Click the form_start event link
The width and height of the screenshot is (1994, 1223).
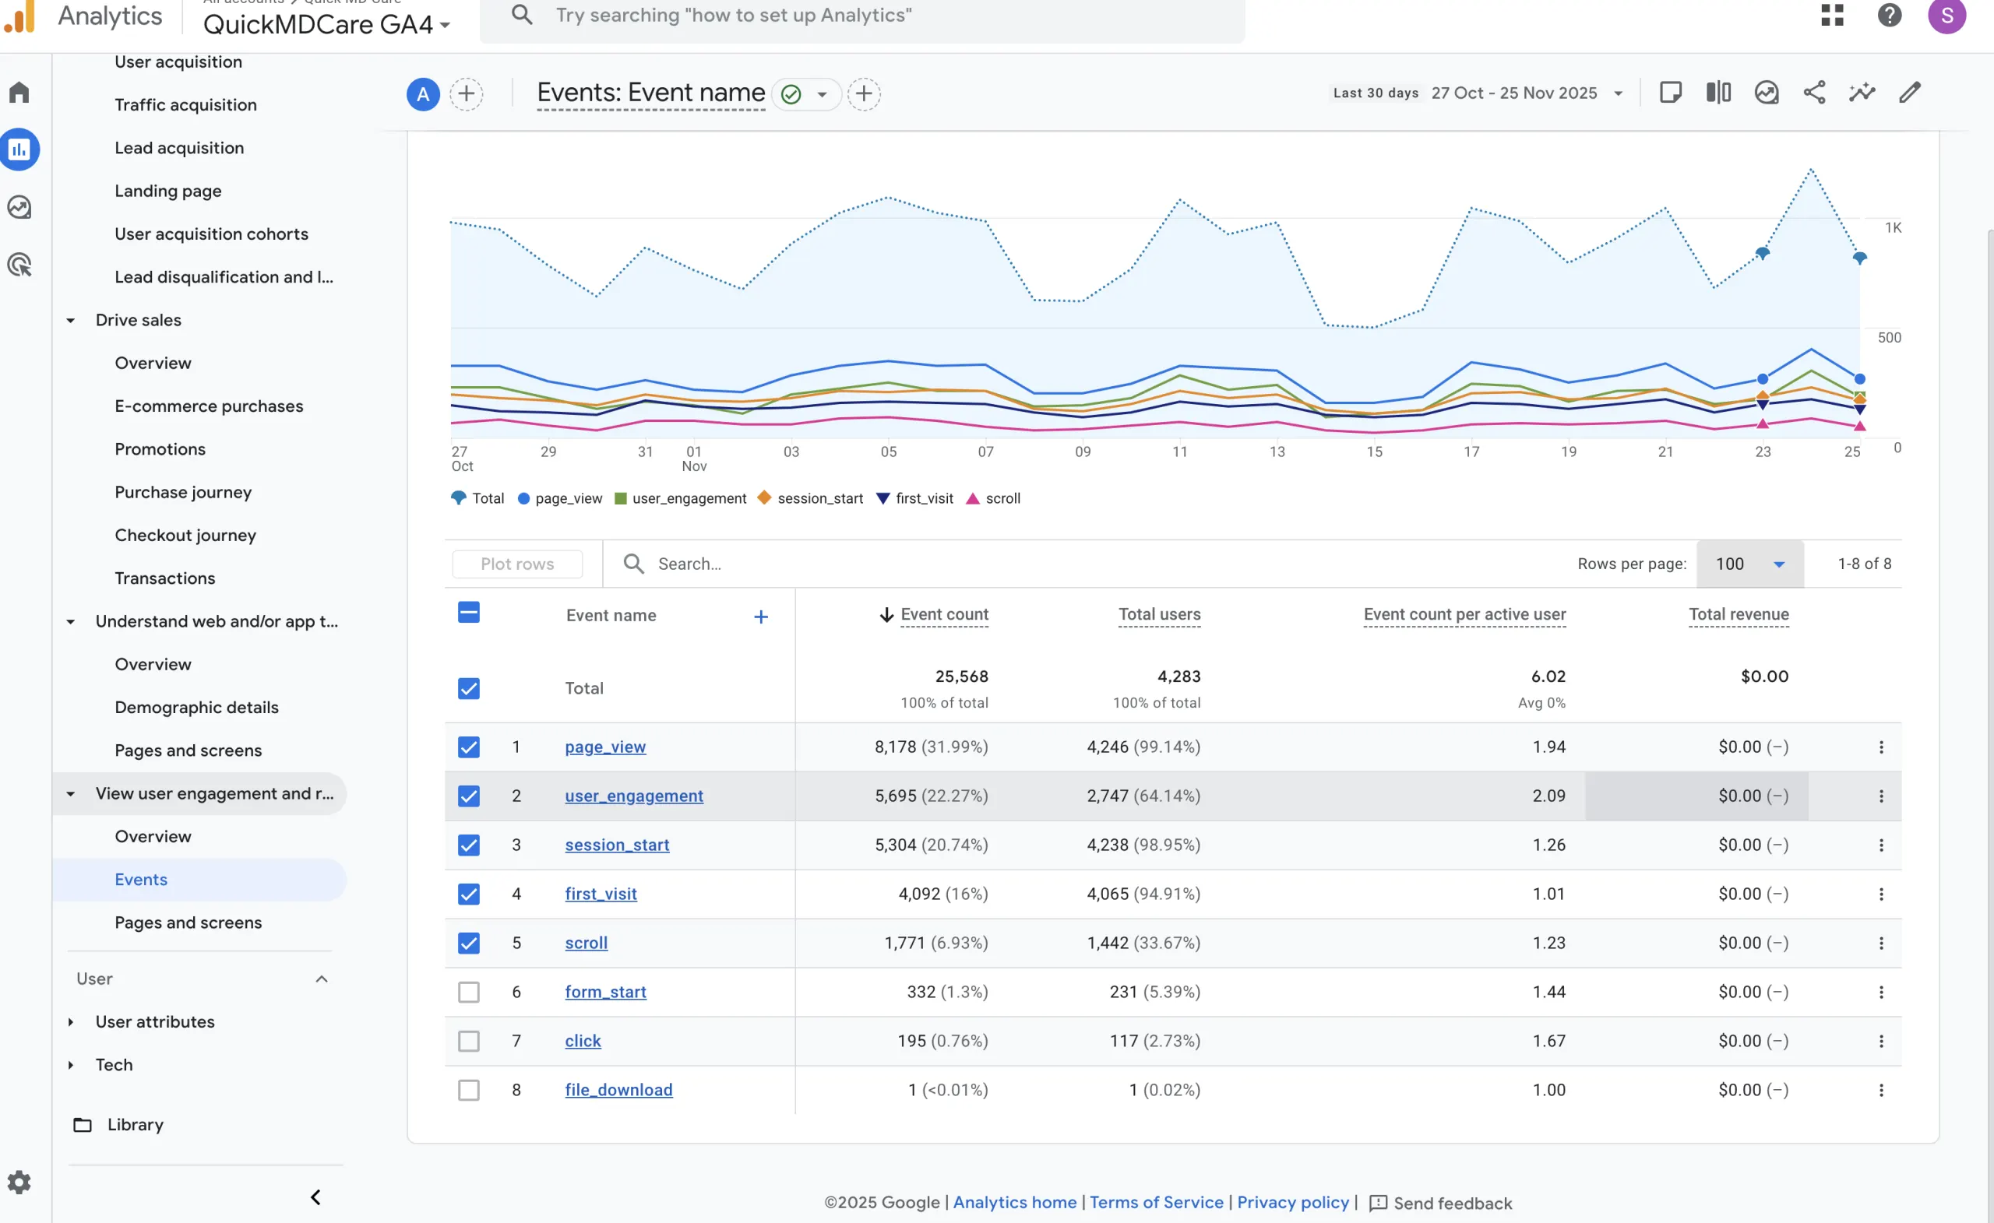tap(604, 992)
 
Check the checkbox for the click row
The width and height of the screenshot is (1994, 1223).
tap(469, 1041)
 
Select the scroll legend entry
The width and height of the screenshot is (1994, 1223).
tap(994, 498)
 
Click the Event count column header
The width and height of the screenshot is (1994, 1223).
tap(943, 615)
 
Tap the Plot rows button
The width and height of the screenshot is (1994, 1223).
tap(517, 564)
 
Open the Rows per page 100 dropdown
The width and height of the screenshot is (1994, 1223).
tap(1749, 564)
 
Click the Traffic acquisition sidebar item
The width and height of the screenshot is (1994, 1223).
tap(185, 104)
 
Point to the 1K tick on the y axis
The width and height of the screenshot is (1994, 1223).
tap(1893, 228)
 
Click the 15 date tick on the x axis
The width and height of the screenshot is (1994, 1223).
tap(1374, 452)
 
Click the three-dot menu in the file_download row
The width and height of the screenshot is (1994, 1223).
tap(1881, 1091)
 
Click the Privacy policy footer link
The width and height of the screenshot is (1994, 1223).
tap(1292, 1202)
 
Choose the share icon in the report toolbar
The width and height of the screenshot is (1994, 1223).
tap(1814, 93)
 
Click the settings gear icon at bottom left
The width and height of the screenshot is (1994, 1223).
tap(19, 1183)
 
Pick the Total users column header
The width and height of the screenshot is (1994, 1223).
tap(1159, 615)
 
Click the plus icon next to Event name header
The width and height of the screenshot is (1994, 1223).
tap(761, 617)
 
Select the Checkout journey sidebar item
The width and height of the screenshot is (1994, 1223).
tap(185, 535)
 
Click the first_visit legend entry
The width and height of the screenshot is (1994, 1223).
tap(915, 498)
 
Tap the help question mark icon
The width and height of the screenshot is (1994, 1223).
tap(1889, 16)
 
